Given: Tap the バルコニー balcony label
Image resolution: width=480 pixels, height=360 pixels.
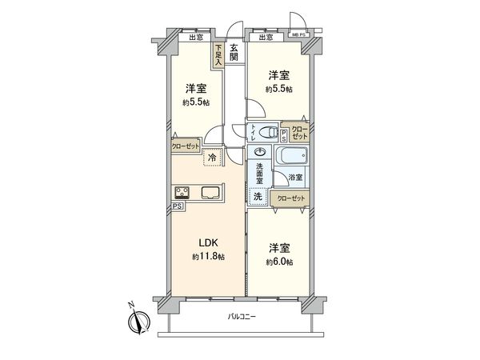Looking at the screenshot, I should pos(240,317).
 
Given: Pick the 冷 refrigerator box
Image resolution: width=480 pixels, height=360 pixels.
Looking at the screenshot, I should pos(212,158).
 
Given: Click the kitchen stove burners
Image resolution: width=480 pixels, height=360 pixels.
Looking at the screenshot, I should pos(182,192).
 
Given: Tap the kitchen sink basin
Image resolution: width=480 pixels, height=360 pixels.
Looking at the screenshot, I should pos(213,192).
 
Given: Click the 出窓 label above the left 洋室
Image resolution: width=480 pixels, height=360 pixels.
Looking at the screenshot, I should pos(195,38).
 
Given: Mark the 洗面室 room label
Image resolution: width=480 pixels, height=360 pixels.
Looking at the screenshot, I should pos(259,174).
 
